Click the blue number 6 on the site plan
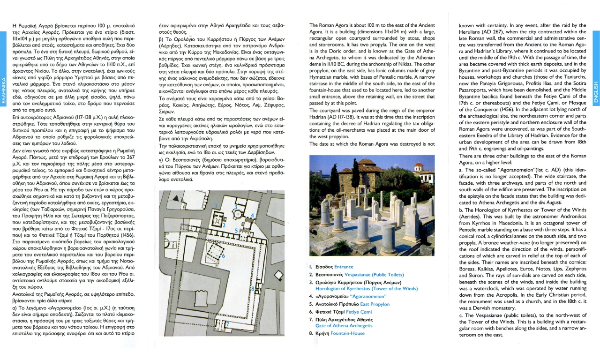pos(224,255)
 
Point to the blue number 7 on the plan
pos(227,324)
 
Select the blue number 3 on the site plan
pos(236,207)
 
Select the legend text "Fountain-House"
pos(347,333)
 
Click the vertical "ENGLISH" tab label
pos(596,94)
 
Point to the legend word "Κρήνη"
pos(322,333)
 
